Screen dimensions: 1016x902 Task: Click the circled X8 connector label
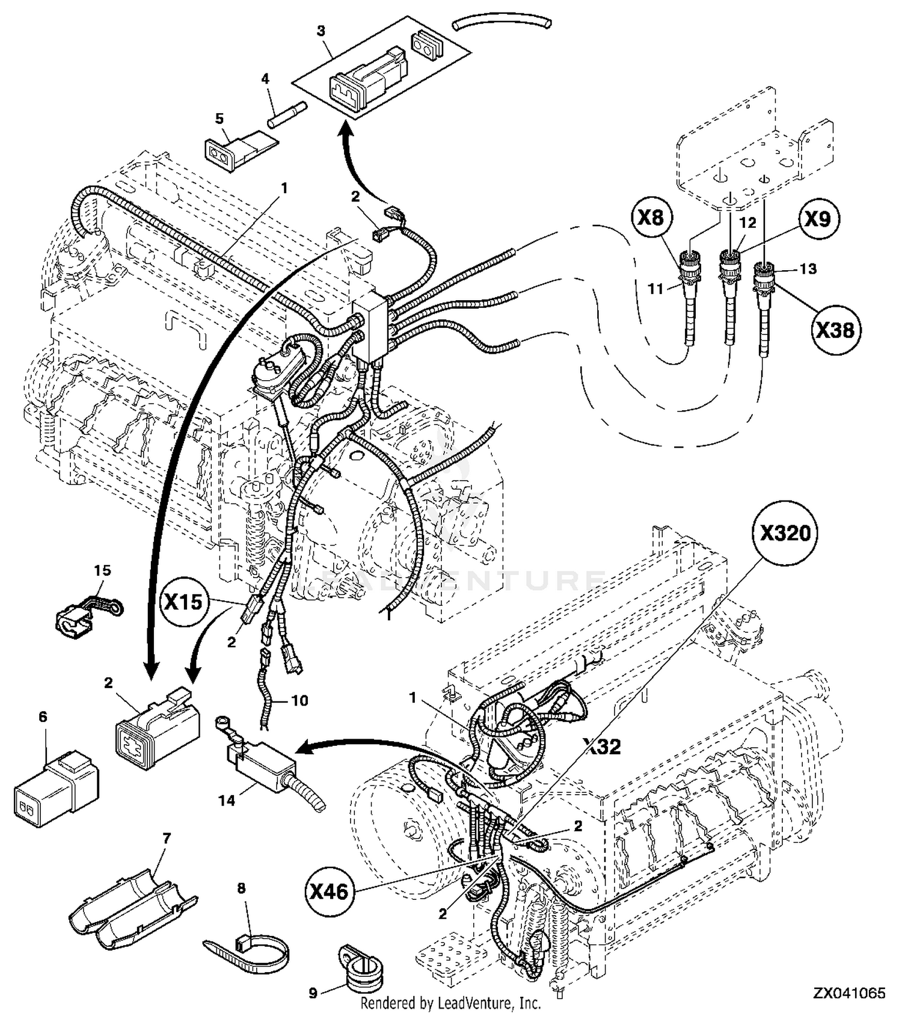point(651,218)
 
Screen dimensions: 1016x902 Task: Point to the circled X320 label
point(785,533)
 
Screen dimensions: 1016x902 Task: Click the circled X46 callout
point(330,891)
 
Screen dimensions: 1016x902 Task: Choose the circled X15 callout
point(183,602)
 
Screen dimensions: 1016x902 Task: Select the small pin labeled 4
point(287,114)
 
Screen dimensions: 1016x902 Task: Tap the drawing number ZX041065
point(850,993)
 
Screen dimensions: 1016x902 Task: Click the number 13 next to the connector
point(808,268)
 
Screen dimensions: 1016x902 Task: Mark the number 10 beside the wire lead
point(299,700)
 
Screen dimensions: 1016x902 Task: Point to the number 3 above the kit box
point(321,31)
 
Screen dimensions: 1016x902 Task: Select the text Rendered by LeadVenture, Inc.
point(450,1003)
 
